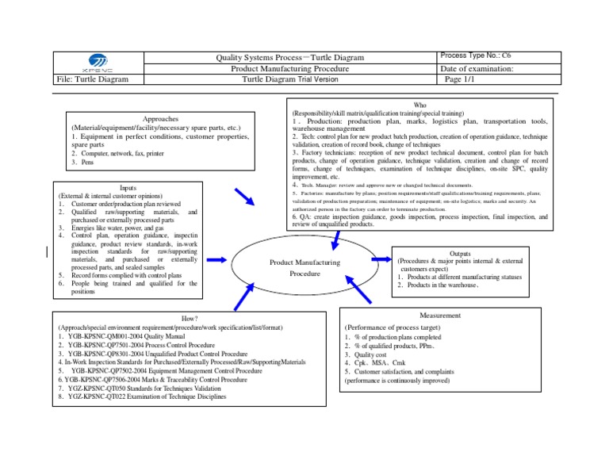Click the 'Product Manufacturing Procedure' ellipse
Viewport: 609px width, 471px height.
pyautogui.click(x=304, y=267)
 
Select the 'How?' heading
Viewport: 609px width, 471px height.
pyautogui.click(x=190, y=319)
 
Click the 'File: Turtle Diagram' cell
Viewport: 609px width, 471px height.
pyautogui.click(x=91, y=80)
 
